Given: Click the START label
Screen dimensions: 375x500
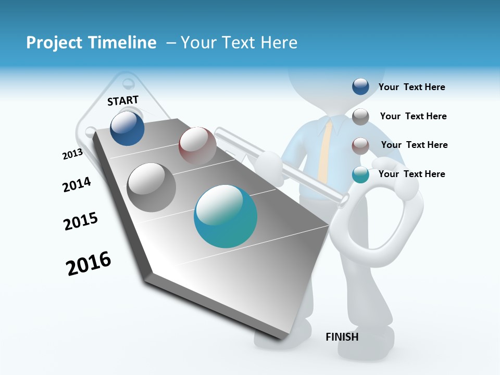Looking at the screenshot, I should tap(123, 101).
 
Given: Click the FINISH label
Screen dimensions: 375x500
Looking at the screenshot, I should tap(342, 337).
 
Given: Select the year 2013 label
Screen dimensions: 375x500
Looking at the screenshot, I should tap(72, 154).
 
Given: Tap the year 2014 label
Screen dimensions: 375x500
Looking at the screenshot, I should tap(77, 184).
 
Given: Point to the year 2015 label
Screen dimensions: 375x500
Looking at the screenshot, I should tap(81, 221).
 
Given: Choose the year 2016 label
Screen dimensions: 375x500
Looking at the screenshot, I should tap(89, 264).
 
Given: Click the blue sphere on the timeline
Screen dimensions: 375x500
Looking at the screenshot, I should tap(127, 128).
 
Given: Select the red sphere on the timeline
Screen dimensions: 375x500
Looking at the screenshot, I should tap(197, 145).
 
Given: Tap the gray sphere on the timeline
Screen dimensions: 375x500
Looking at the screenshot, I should tap(152, 187).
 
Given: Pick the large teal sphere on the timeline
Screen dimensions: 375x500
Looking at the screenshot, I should tap(226, 216).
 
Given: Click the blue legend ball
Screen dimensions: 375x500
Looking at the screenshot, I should tap(360, 86).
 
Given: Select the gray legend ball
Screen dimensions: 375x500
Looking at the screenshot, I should tap(360, 117).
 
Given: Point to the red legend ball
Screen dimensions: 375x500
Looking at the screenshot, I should tap(360, 146).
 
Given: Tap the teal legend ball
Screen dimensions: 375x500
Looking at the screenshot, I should tap(360, 175).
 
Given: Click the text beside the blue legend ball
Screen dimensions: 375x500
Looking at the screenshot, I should tap(411, 87).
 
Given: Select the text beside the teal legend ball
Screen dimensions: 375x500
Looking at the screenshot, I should tap(411, 174).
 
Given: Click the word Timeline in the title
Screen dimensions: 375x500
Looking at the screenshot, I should tap(123, 43).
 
